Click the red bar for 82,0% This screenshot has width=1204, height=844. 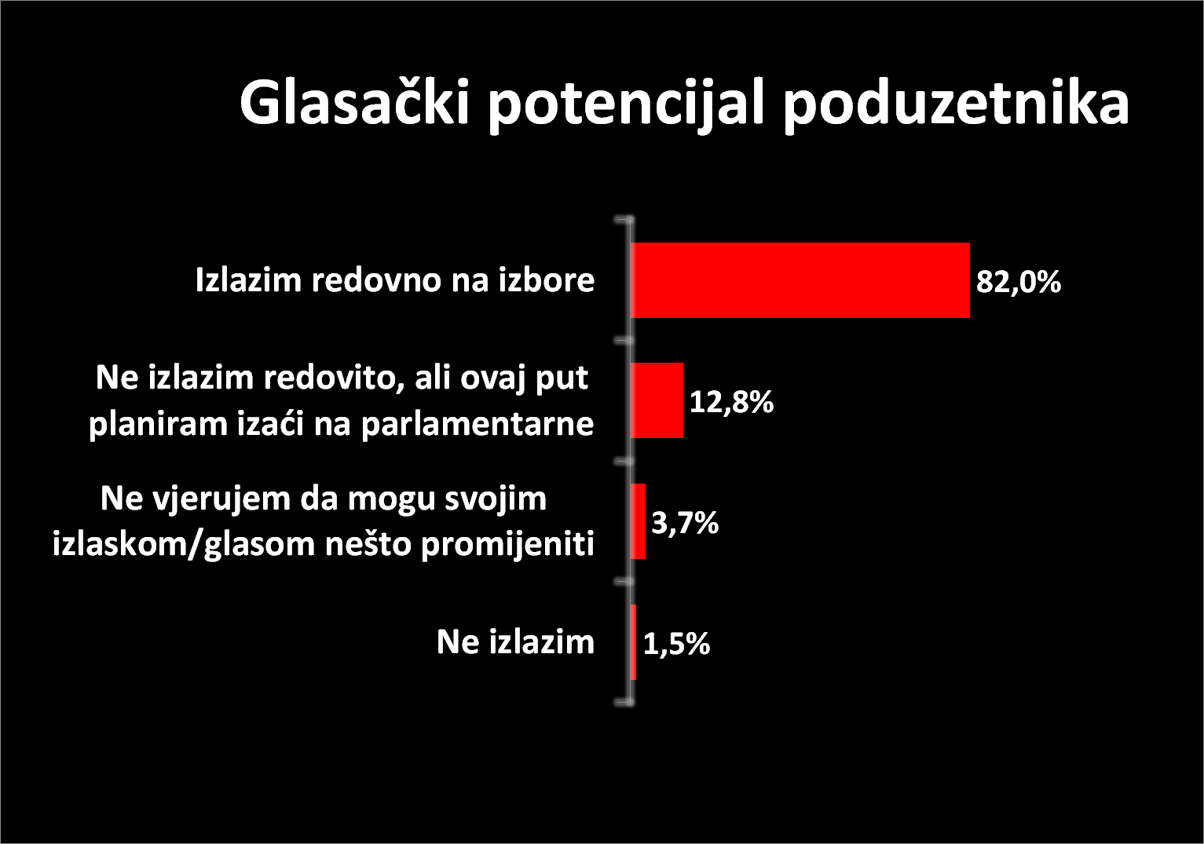[800, 280]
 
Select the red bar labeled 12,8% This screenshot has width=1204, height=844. [657, 400]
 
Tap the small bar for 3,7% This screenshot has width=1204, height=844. [638, 521]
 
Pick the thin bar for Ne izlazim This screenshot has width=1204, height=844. [634, 642]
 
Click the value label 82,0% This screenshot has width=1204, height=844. [1019, 282]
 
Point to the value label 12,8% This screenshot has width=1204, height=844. [731, 402]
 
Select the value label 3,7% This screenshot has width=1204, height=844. [685, 523]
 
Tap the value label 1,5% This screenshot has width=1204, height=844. [676, 644]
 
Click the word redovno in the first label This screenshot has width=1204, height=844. [375, 280]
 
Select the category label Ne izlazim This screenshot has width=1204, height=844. [515, 642]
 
